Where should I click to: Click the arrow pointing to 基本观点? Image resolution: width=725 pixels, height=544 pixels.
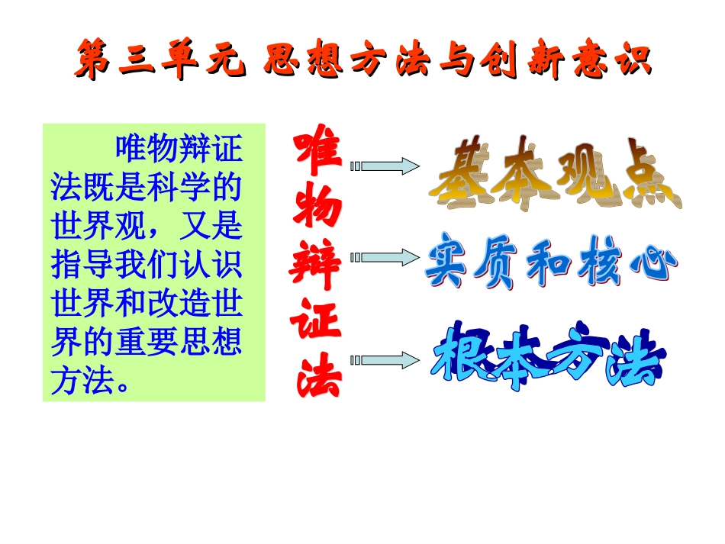pos(385,166)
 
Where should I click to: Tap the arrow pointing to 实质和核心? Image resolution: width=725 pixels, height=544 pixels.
pos(385,259)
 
